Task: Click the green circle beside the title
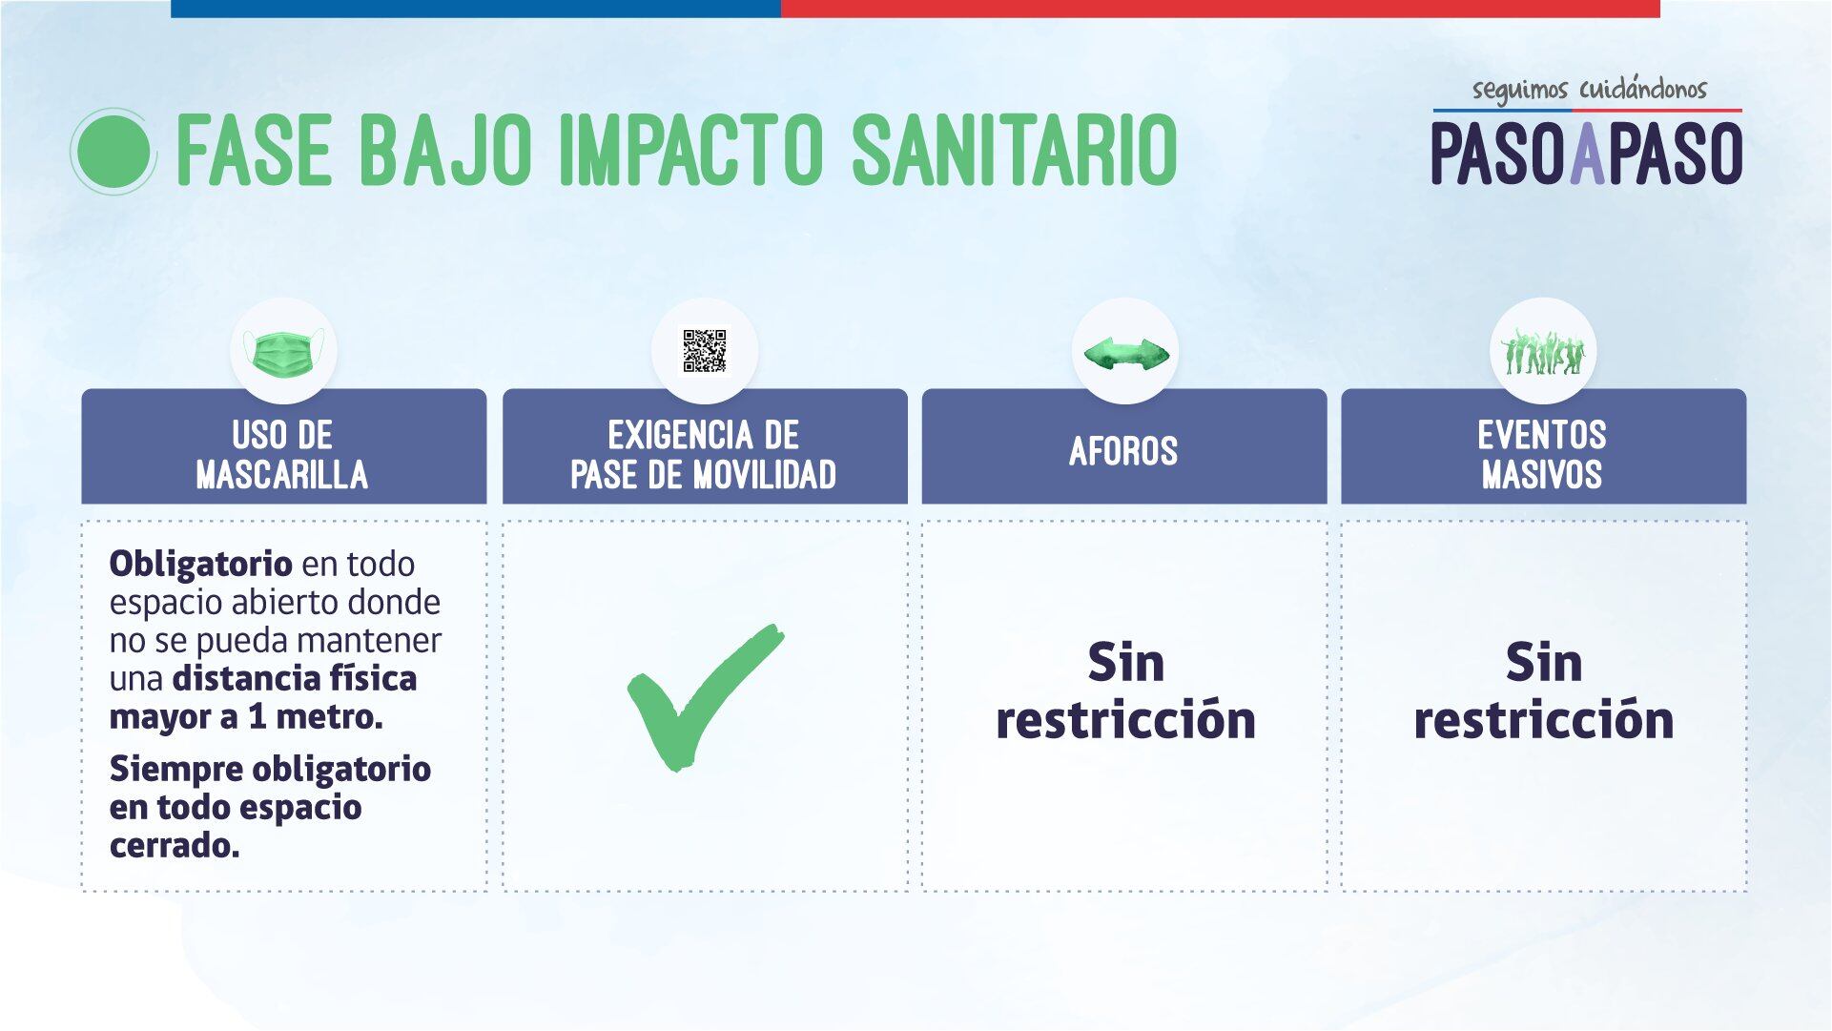click(113, 152)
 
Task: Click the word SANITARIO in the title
click(1013, 151)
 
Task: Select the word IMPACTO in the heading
click(691, 151)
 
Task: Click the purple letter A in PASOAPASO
click(1587, 154)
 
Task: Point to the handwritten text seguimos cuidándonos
click(1589, 90)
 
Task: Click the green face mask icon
click(282, 352)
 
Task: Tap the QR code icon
click(705, 351)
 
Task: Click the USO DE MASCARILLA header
click(282, 454)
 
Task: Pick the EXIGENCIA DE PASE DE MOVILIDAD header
click(704, 454)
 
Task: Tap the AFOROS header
click(1123, 451)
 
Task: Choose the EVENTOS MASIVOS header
click(1542, 454)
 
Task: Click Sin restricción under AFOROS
click(1125, 691)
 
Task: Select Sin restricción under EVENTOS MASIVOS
click(1543, 691)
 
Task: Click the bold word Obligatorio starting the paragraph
click(200, 564)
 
